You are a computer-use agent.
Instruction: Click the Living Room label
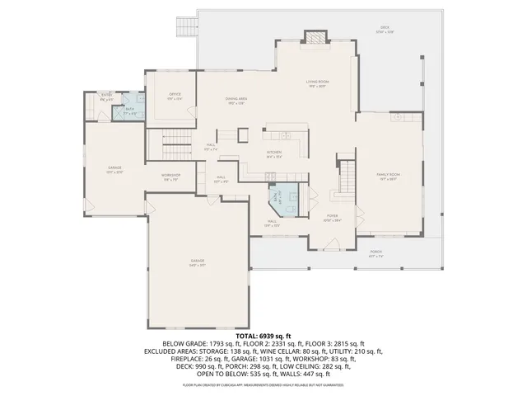point(318,82)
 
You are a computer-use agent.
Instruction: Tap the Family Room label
point(388,176)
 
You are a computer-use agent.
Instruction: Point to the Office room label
point(175,96)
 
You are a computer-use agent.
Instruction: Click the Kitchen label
point(274,154)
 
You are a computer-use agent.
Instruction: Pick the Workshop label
point(170,177)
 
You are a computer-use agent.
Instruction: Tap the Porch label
point(375,252)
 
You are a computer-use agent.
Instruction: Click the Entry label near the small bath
point(106,97)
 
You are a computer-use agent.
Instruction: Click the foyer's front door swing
point(332,243)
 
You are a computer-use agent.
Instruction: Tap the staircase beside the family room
point(349,175)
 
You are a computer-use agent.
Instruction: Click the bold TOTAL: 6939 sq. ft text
point(263,337)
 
